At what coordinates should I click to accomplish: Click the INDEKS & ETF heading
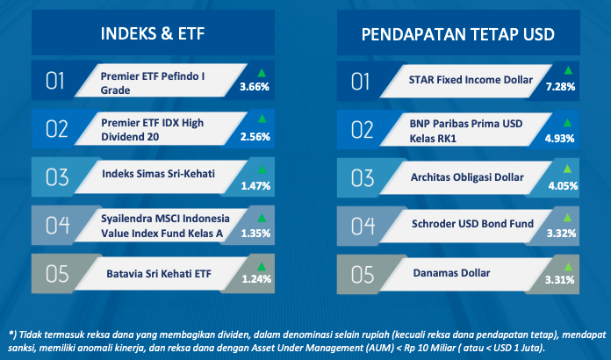(x=153, y=33)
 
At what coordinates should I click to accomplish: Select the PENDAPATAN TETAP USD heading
(x=458, y=34)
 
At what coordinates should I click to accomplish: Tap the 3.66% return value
(x=255, y=87)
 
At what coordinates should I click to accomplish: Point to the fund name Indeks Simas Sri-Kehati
(x=158, y=173)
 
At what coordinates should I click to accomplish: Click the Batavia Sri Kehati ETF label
(x=159, y=273)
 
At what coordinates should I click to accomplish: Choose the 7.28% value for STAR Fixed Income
(x=560, y=87)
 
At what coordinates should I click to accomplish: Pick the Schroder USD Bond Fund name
(x=472, y=224)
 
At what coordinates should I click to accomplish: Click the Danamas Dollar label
(x=451, y=273)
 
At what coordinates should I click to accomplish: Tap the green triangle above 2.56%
(x=262, y=119)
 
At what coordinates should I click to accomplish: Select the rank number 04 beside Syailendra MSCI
(x=58, y=225)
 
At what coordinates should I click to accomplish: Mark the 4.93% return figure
(x=559, y=139)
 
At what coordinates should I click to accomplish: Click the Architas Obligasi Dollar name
(x=467, y=177)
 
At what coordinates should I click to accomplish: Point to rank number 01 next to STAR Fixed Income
(x=361, y=82)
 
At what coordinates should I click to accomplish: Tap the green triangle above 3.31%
(x=568, y=267)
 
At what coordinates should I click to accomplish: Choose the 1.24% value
(x=256, y=279)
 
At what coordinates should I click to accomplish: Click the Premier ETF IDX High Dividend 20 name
(x=153, y=130)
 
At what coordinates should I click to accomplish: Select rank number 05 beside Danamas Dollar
(x=363, y=274)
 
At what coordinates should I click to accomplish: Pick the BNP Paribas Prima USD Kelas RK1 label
(x=465, y=131)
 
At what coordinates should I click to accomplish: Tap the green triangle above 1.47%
(x=262, y=169)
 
